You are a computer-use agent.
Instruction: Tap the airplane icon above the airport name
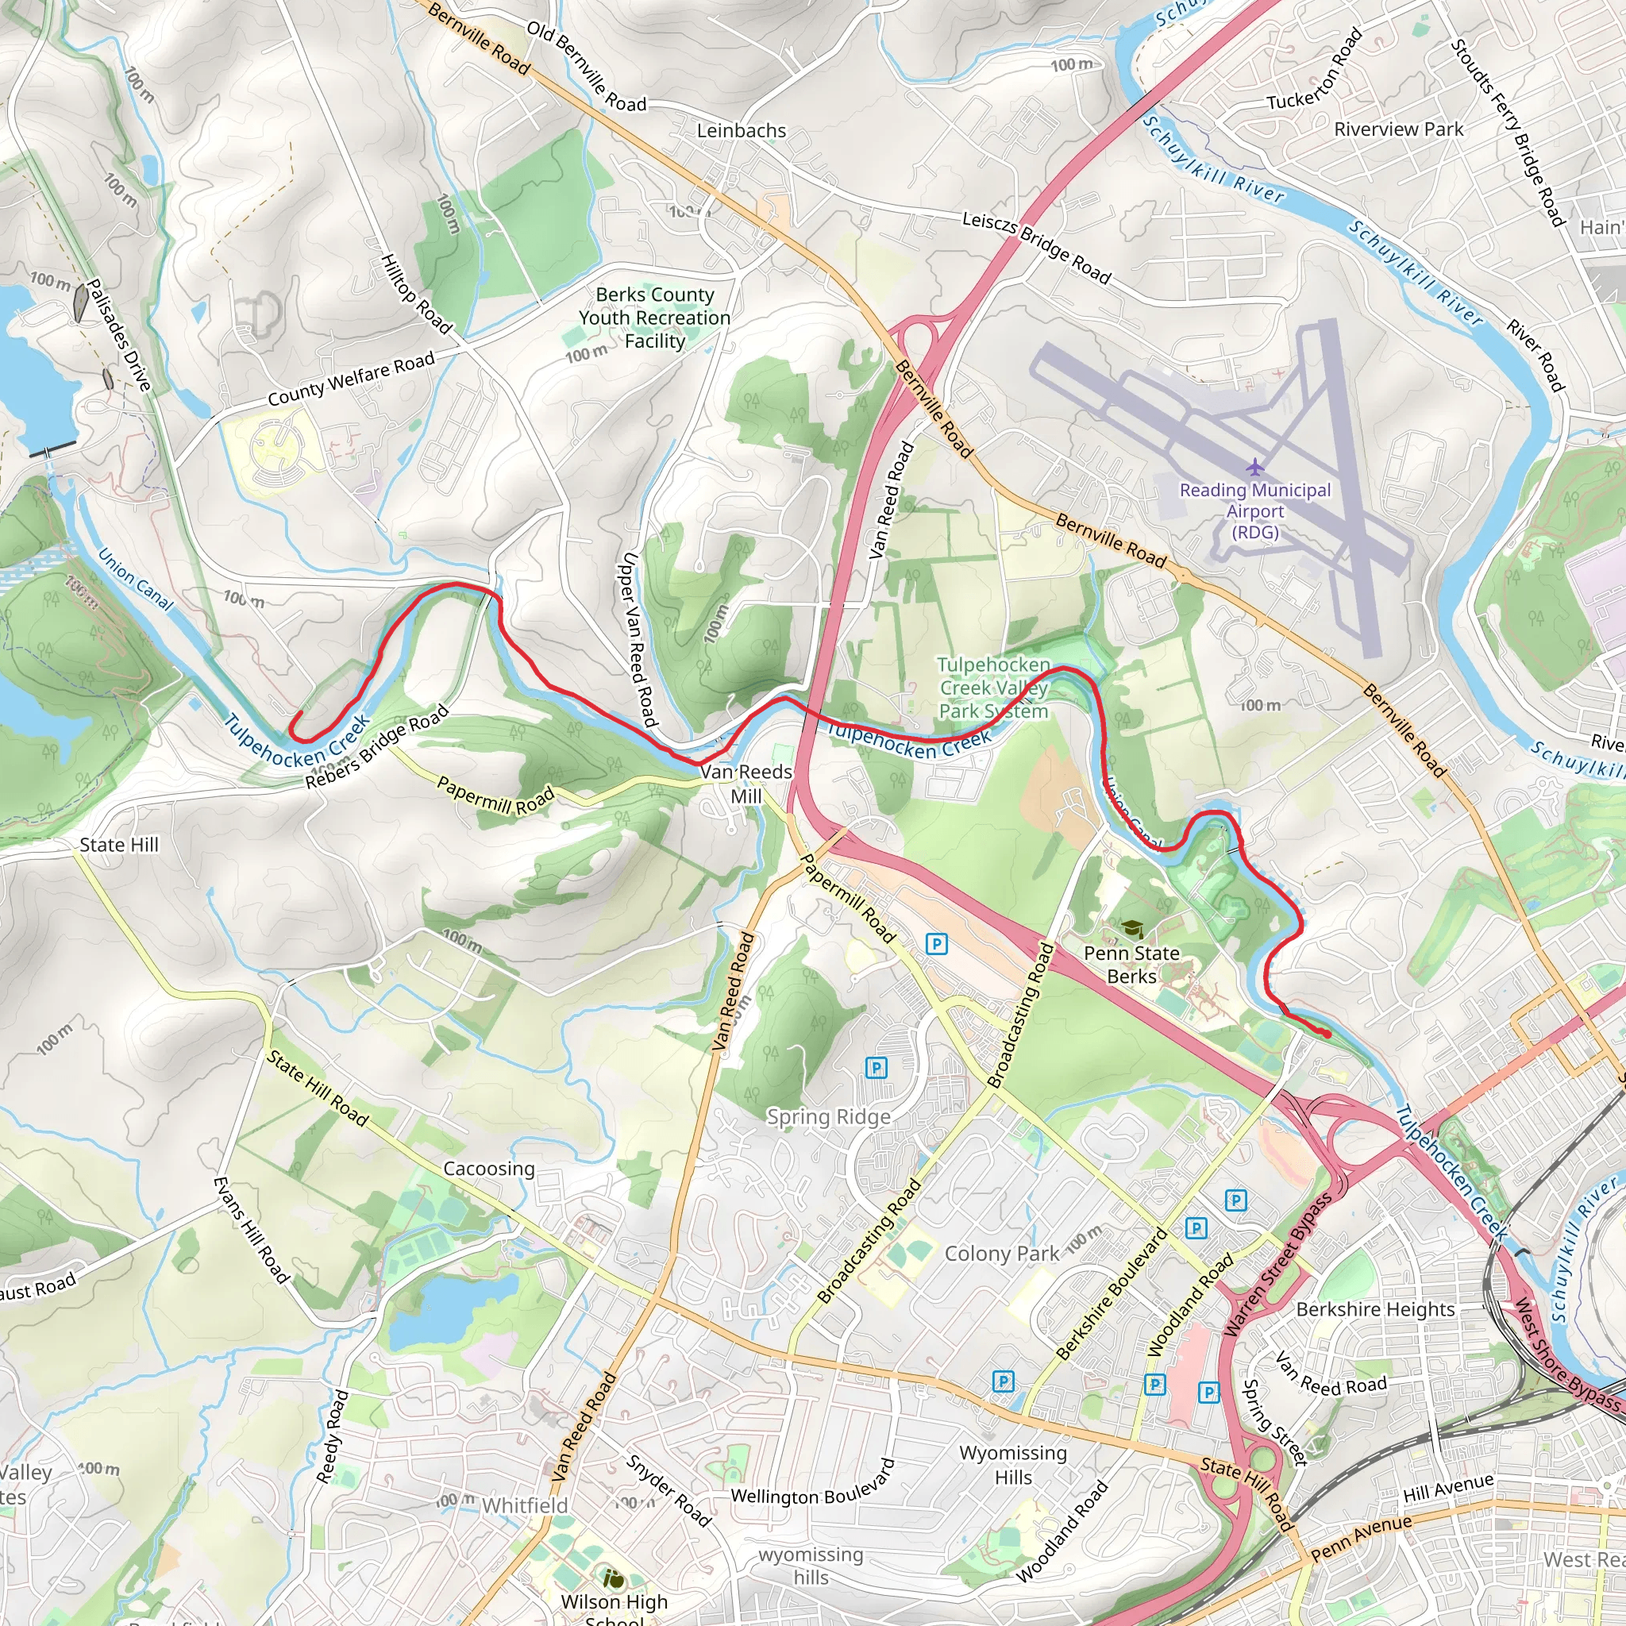[x=1255, y=466]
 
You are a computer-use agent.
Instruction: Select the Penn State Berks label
[x=1131, y=965]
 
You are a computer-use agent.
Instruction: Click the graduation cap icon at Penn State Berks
[x=1131, y=929]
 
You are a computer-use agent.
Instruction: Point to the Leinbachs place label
[x=742, y=130]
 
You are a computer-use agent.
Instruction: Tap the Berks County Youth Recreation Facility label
[x=655, y=318]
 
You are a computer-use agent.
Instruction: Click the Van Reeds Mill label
[x=746, y=784]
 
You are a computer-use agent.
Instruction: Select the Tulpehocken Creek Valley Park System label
[x=994, y=688]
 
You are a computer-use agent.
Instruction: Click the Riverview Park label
[x=1399, y=129]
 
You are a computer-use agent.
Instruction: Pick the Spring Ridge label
[x=828, y=1117]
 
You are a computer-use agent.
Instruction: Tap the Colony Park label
[x=1001, y=1253]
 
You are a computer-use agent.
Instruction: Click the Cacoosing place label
[x=489, y=1168]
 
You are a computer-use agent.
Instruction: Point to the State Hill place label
[x=118, y=844]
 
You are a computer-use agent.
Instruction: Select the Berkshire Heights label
[x=1375, y=1308]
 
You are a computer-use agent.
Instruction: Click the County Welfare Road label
[x=351, y=379]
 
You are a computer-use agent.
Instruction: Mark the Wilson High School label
[x=614, y=1609]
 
